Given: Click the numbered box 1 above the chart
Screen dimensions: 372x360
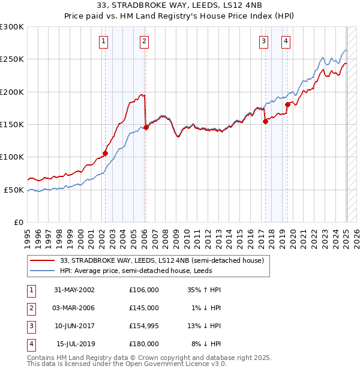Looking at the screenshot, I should coord(104,41).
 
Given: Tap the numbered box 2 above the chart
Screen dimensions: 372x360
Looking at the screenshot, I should coord(145,41).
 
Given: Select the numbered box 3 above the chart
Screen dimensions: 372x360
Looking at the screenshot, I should coord(264,41).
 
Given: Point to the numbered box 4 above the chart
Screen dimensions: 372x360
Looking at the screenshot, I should coord(286,41).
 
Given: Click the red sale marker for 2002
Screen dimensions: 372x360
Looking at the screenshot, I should coord(105,153).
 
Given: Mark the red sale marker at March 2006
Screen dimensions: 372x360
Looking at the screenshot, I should coord(146,127).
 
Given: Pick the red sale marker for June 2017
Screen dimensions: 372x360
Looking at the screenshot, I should coord(265,121).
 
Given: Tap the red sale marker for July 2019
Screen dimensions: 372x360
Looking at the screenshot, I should coord(287,104).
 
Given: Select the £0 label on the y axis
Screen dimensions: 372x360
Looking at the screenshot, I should coord(18,222).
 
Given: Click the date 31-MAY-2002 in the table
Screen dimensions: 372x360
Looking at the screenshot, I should coord(74,290).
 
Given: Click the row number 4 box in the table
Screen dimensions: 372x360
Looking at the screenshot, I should coord(30,344).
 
